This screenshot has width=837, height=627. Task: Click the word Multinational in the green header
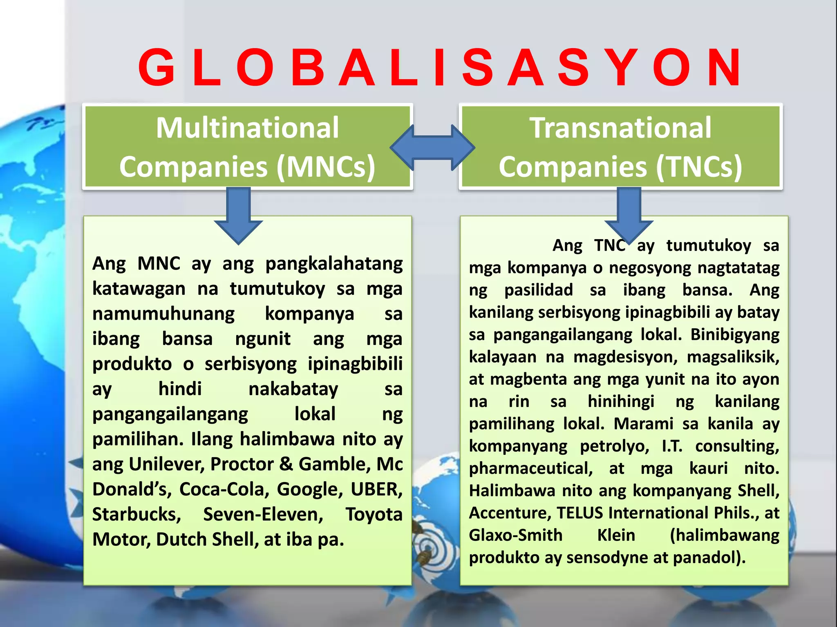pyautogui.click(x=247, y=128)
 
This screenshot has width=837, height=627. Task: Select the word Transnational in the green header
pyautogui.click(x=620, y=128)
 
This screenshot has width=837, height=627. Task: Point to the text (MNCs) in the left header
pyautogui.click(x=326, y=167)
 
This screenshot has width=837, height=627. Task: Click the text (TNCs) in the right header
pyautogui.click(x=698, y=167)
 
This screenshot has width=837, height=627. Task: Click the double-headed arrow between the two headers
pyautogui.click(x=432, y=147)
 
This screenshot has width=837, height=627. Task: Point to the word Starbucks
pyautogui.click(x=137, y=514)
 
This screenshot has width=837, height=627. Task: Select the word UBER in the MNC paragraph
pyautogui.click(x=376, y=489)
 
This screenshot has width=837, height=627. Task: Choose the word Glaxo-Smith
pyautogui.click(x=515, y=535)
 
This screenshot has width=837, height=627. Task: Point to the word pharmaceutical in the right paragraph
pyautogui.click(x=530, y=468)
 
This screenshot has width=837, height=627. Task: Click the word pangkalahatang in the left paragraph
pyautogui.click(x=334, y=264)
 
